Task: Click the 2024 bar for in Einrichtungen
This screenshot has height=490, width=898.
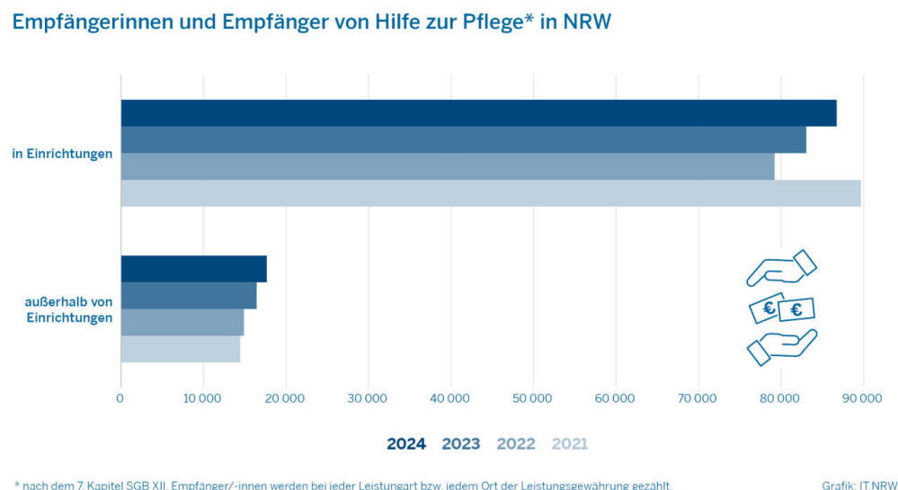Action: (x=478, y=113)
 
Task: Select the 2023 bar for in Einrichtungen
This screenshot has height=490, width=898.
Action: (x=463, y=140)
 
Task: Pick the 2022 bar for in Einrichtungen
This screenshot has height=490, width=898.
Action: (x=448, y=167)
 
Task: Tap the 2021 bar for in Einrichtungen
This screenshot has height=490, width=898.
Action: (x=491, y=193)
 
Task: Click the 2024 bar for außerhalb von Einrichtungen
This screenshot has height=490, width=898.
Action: (x=193, y=269)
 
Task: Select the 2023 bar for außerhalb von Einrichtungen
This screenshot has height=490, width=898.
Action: (x=189, y=296)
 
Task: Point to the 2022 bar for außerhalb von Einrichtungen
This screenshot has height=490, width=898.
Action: (x=182, y=322)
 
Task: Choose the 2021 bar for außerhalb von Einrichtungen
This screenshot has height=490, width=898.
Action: (x=181, y=349)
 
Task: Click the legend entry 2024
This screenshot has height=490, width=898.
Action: (x=406, y=443)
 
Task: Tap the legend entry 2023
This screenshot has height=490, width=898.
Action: (x=461, y=443)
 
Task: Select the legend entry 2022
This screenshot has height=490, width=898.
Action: (x=516, y=443)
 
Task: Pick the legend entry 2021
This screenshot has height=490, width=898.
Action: (x=570, y=443)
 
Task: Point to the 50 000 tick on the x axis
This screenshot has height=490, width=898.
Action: (x=533, y=397)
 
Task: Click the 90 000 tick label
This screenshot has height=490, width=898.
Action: (x=863, y=397)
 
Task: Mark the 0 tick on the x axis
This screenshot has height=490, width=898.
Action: (x=120, y=397)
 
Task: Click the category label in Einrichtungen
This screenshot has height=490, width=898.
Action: (x=62, y=154)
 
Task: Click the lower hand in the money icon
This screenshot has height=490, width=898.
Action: (x=781, y=347)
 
